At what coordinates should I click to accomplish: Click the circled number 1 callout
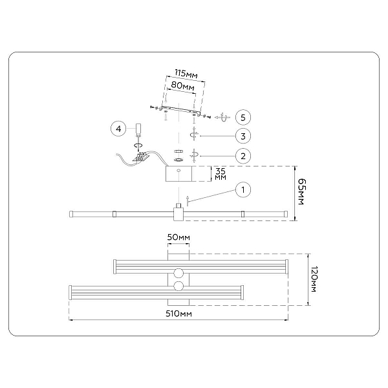(x=242, y=189)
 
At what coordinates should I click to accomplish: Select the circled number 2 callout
(x=242, y=156)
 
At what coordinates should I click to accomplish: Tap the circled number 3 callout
(x=242, y=136)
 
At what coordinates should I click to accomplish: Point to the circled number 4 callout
(x=118, y=129)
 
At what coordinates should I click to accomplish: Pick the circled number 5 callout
(x=242, y=117)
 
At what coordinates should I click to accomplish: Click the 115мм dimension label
(x=186, y=74)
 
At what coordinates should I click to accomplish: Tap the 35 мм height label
(x=221, y=174)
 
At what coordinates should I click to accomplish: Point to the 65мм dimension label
(x=301, y=191)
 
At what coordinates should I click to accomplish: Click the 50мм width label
(x=178, y=237)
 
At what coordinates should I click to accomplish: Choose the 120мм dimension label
(x=314, y=279)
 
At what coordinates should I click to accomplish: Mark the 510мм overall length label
(x=178, y=314)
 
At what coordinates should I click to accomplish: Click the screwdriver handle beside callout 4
(x=138, y=129)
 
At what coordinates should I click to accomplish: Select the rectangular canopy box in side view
(x=178, y=174)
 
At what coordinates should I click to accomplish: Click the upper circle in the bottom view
(x=178, y=273)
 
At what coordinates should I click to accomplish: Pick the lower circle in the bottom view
(x=178, y=286)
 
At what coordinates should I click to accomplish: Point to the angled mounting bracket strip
(x=180, y=111)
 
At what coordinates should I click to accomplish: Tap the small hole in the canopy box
(x=178, y=171)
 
